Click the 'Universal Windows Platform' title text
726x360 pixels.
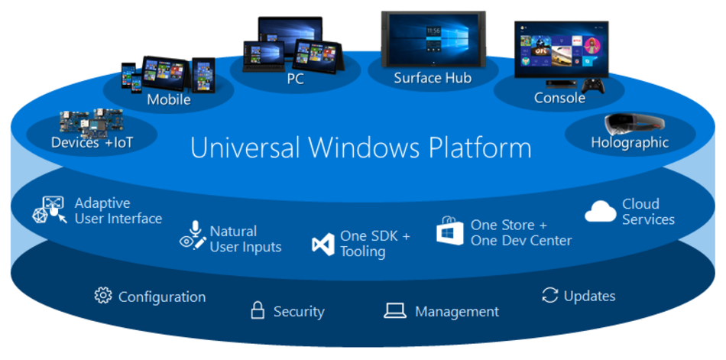coord(361,148)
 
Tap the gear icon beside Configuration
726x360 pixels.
coord(103,296)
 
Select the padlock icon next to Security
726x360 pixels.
coord(258,310)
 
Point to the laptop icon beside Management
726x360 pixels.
coord(394,310)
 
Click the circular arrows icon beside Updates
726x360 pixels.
coord(549,295)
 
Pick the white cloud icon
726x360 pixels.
coord(601,212)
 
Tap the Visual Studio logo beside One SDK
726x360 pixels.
coord(323,244)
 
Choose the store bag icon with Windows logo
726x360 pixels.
coord(450,231)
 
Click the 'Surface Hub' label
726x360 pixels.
coord(433,78)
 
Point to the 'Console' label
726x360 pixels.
coord(559,98)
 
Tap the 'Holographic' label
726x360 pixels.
coord(630,142)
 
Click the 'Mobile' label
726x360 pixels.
coord(169,99)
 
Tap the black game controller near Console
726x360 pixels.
coord(593,86)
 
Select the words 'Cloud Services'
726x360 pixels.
coord(648,212)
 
